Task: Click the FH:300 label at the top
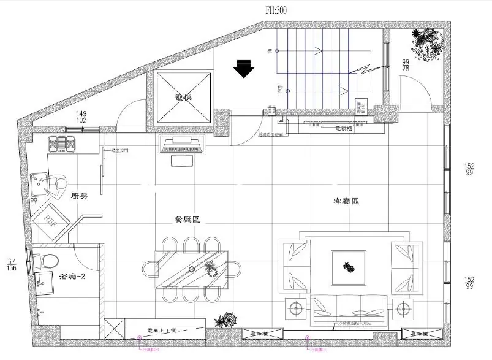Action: tap(274, 10)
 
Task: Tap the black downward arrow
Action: tap(244, 68)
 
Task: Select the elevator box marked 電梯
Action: tap(184, 98)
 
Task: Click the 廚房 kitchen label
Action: tap(81, 196)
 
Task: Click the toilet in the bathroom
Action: tap(45, 259)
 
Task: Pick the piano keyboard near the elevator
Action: tap(183, 145)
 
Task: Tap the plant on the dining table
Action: tap(210, 267)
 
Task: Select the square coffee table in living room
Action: tap(349, 267)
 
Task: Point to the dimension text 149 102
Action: tap(81, 117)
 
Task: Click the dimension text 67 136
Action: tap(12, 265)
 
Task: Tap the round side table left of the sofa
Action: tap(295, 308)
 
